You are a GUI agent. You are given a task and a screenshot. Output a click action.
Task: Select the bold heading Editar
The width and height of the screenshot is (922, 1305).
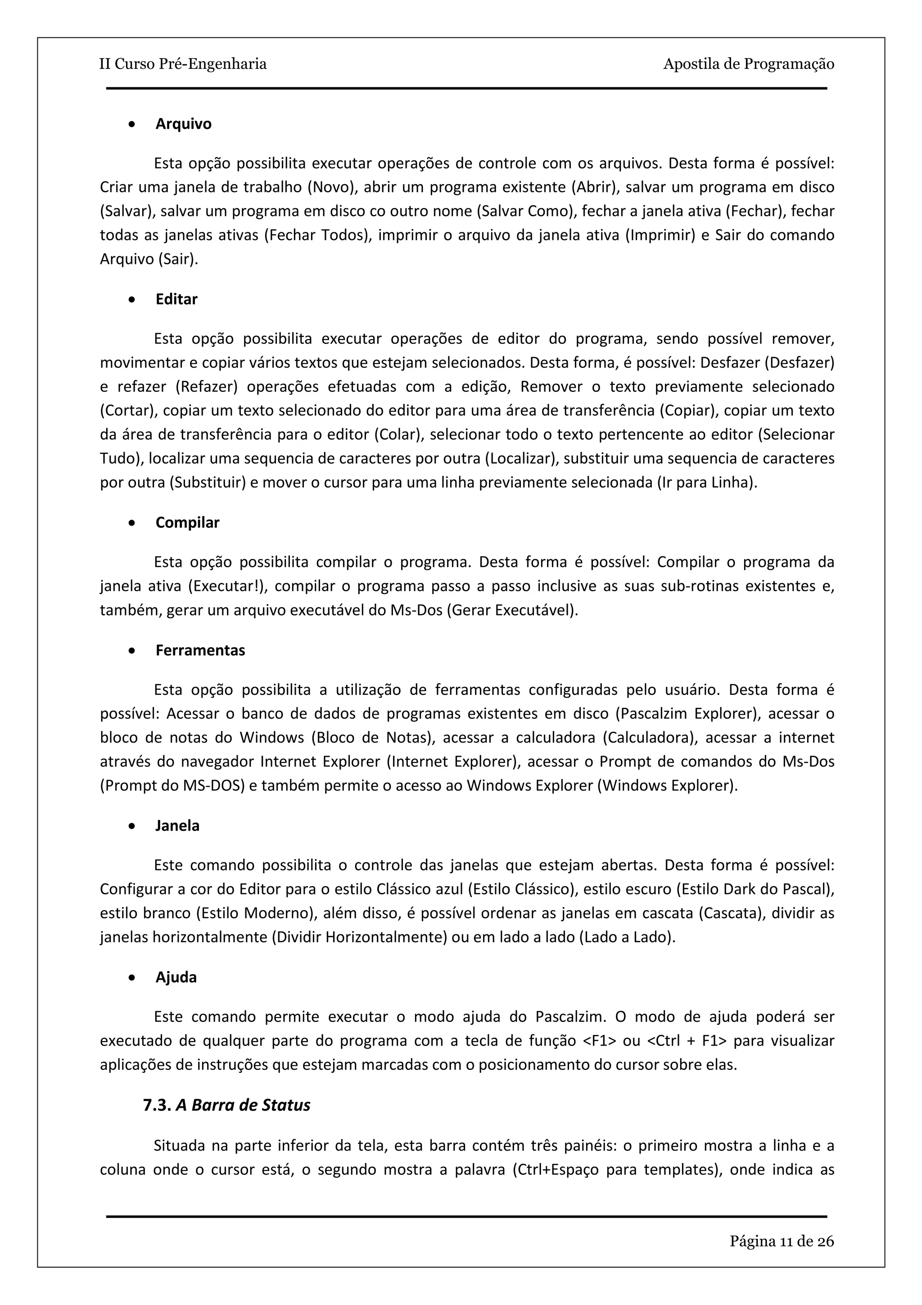(x=176, y=299)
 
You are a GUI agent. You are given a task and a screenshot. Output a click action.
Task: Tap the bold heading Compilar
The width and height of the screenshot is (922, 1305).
(x=187, y=523)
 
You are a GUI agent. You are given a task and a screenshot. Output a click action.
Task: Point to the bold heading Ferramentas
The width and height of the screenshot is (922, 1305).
(x=200, y=650)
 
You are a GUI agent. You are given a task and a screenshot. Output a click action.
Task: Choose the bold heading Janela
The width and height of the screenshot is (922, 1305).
(x=177, y=826)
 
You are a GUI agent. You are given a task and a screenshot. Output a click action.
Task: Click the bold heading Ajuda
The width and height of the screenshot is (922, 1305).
(x=176, y=977)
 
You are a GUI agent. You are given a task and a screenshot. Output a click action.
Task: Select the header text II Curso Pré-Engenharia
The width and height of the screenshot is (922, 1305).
(x=183, y=63)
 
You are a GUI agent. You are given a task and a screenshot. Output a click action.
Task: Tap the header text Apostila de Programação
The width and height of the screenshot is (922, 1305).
(x=748, y=63)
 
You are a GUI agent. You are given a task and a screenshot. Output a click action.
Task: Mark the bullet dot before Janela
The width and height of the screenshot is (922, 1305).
(x=132, y=826)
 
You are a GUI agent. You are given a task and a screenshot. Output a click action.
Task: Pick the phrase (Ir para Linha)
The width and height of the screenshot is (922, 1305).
(x=707, y=483)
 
